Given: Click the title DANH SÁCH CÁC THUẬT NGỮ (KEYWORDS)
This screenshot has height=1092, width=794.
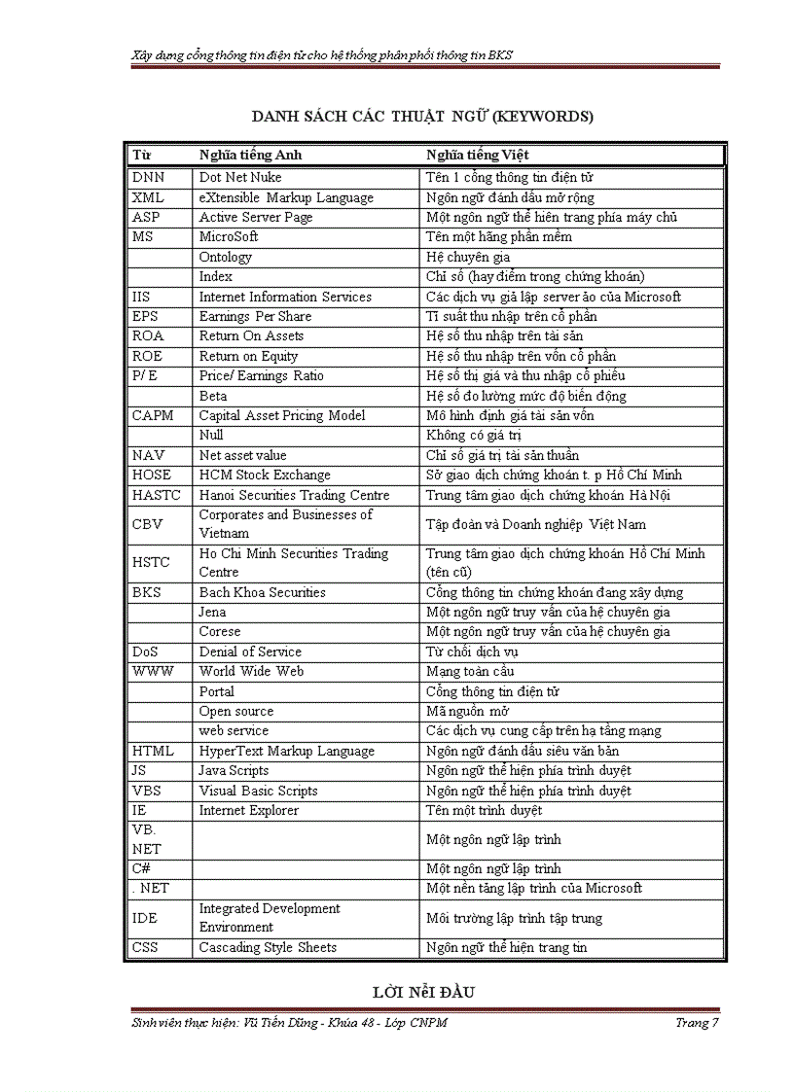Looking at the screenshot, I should (x=422, y=117).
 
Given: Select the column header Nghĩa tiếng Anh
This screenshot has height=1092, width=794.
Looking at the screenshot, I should (x=250, y=155).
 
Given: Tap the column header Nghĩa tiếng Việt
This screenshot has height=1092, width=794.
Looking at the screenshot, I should (x=477, y=155).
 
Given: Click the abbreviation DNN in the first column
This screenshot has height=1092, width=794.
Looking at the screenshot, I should (x=148, y=178).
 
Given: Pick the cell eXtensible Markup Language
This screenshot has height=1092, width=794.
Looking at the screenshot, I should (x=286, y=197).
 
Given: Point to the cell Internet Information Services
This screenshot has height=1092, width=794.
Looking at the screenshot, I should (x=285, y=297).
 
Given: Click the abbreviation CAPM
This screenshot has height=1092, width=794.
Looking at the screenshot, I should (x=153, y=415).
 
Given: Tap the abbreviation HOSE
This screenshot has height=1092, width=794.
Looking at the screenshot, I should (x=151, y=475).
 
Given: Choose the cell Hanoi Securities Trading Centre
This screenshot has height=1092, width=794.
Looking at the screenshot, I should (x=294, y=495).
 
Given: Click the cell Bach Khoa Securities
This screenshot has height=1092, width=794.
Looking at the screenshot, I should (x=262, y=592).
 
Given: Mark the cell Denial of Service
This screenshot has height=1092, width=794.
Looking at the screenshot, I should (x=250, y=652).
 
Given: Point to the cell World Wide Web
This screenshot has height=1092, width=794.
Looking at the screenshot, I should (x=251, y=671).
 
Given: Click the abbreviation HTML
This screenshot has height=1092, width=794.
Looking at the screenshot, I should (x=153, y=751).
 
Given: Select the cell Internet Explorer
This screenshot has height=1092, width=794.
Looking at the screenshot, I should (x=248, y=810).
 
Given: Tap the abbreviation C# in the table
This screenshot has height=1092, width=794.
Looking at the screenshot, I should (x=141, y=868).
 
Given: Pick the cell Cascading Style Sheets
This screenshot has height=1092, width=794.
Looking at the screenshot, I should (x=268, y=947).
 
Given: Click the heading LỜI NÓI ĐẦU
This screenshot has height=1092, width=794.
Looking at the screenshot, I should (x=423, y=993).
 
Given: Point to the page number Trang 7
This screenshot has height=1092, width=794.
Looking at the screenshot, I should (x=697, y=1022).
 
